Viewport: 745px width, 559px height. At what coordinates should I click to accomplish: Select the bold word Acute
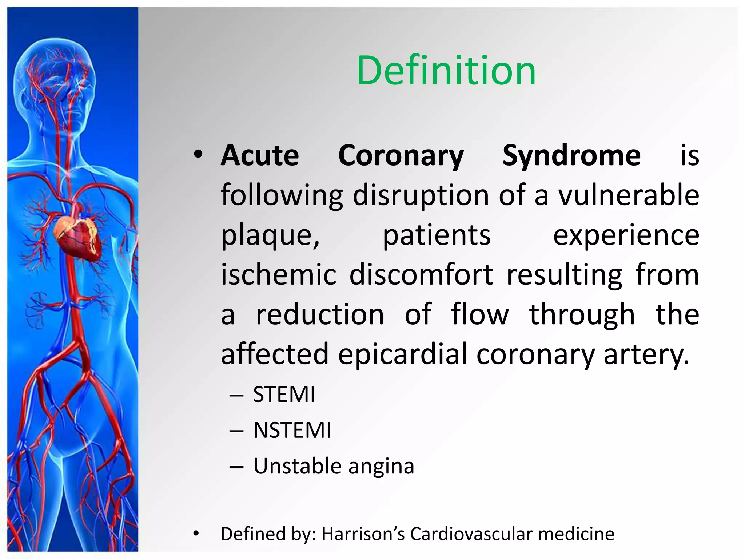260,156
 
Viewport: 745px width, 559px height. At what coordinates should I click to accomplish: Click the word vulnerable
629,195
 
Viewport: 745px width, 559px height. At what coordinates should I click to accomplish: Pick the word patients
437,235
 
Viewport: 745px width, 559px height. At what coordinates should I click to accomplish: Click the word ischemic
279,275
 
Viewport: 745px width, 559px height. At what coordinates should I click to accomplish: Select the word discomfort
421,275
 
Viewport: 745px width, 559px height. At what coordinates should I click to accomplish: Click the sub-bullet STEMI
284,395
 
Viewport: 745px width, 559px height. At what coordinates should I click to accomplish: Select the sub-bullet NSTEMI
292,430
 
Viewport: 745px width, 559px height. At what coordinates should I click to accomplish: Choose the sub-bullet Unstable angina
334,466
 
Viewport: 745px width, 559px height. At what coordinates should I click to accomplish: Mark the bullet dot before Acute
198,155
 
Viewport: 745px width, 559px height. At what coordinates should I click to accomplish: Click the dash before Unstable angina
236,467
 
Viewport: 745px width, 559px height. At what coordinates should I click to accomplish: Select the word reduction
320,314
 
